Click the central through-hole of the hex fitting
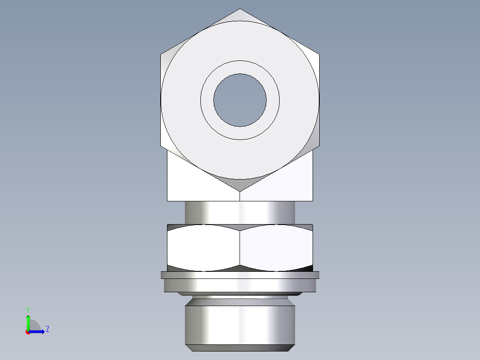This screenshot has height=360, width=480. point(240,100)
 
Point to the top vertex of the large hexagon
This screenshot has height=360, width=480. point(240,9)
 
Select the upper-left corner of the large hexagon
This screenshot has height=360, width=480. point(161,54)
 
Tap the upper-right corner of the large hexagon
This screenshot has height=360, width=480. point(319,54)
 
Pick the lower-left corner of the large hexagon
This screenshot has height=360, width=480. point(161,146)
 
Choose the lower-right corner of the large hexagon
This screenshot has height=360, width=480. point(319,146)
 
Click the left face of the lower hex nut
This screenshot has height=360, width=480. point(203,248)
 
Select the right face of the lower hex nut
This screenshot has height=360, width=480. point(276,248)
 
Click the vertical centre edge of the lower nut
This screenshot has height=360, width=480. point(240,248)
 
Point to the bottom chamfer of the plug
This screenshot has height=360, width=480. point(240,348)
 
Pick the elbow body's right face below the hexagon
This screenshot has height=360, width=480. point(285,183)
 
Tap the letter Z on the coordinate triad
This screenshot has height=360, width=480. point(47,330)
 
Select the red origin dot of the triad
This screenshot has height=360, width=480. point(28,332)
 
